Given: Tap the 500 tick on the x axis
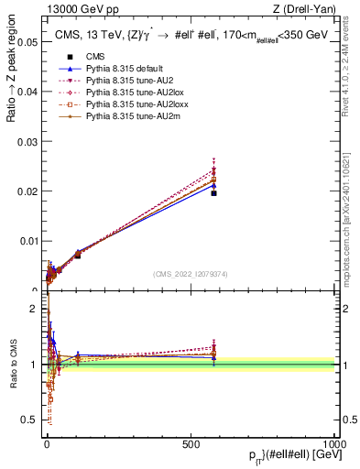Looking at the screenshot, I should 190,443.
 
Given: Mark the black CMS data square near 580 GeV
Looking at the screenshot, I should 213,193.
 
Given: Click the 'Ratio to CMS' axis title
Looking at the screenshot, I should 12,364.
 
